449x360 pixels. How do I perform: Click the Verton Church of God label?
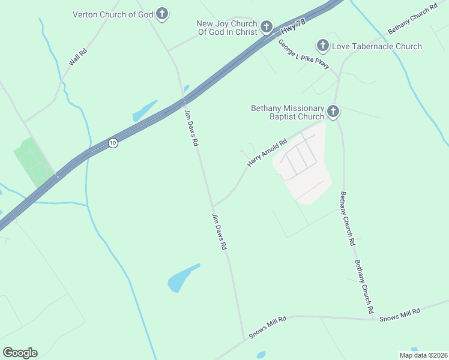[112, 14]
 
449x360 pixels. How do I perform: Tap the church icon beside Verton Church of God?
[162, 13]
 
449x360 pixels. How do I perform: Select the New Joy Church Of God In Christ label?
[226, 28]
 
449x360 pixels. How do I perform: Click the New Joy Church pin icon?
[267, 27]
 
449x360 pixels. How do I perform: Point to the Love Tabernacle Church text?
[377, 46]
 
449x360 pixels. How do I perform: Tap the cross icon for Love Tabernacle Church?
[322, 45]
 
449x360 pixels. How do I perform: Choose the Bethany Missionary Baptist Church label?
[288, 112]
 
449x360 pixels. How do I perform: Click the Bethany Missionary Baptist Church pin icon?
[333, 111]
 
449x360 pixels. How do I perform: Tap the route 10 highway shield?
[113, 143]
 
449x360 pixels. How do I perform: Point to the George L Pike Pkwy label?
[303, 55]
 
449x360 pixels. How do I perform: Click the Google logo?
[20, 353]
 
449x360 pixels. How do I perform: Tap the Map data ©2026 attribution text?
[423, 355]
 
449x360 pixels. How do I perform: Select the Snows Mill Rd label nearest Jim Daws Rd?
[267, 328]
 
